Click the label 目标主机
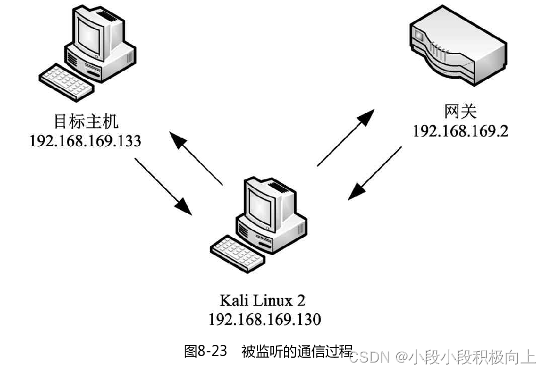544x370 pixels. [85, 122]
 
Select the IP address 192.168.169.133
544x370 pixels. [85, 141]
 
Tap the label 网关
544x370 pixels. [460, 112]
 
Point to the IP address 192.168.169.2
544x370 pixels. [460, 131]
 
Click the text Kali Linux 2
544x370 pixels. [264, 299]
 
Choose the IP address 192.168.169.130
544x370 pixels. [264, 319]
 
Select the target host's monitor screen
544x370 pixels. [88, 35]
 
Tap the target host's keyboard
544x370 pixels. [63, 80]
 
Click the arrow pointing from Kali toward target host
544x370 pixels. [195, 157]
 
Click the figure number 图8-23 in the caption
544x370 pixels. [206, 352]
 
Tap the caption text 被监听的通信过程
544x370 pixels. [296, 352]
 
